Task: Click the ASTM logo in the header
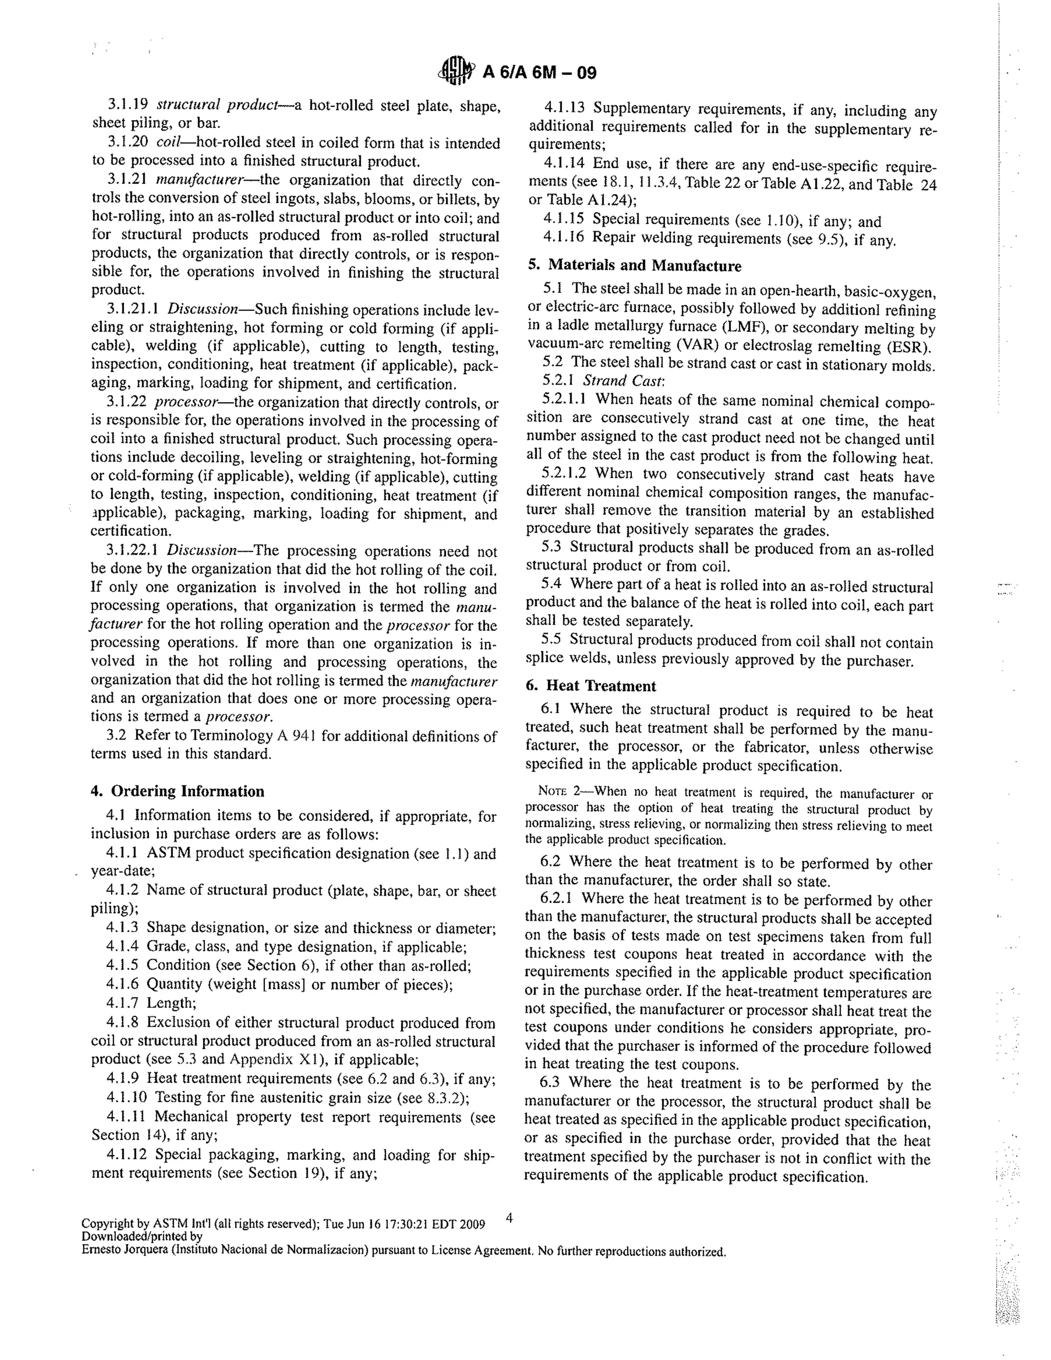tap(456, 72)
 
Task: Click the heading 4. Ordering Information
tap(178, 791)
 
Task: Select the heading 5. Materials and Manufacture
tap(634, 266)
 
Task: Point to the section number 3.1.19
tap(128, 105)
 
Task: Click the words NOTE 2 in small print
tap(560, 791)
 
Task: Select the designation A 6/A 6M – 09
tap(539, 73)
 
